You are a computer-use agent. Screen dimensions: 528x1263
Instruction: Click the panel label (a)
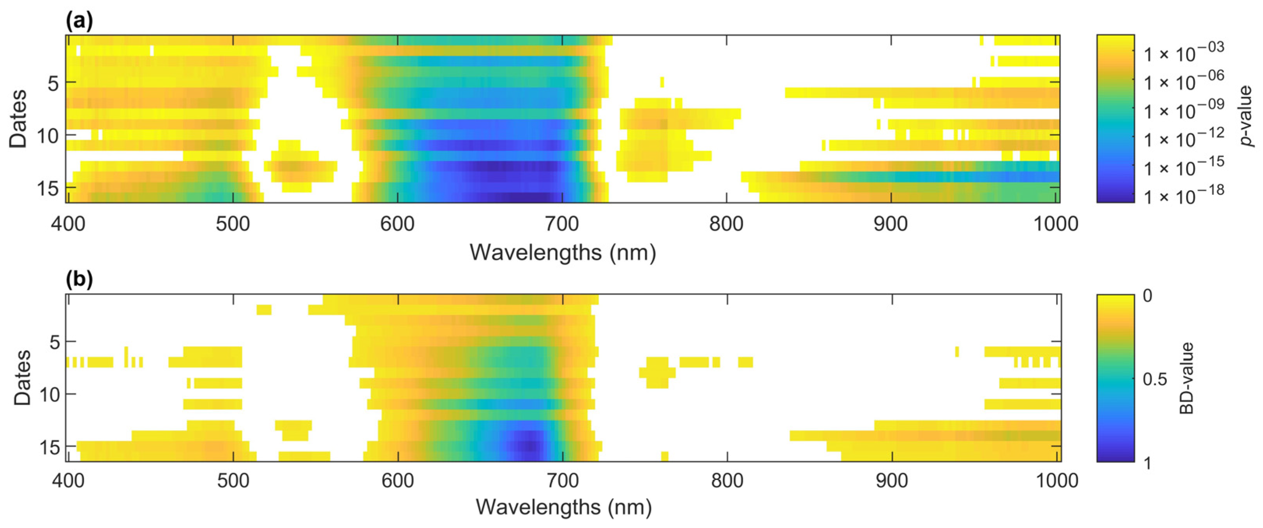pyautogui.click(x=79, y=21)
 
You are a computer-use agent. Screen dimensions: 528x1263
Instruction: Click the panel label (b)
pyautogui.click(x=79, y=279)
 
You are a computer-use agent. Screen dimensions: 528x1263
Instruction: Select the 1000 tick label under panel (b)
pyautogui.click(x=1056, y=480)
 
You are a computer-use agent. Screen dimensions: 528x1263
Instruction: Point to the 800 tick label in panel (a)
pyautogui.click(x=726, y=224)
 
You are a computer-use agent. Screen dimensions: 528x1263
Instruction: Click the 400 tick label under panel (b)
pyautogui.click(x=68, y=480)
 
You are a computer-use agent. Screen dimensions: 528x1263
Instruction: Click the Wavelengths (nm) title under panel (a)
pyautogui.click(x=563, y=253)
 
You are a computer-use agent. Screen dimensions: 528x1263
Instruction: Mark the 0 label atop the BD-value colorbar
pyautogui.click(x=1147, y=296)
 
